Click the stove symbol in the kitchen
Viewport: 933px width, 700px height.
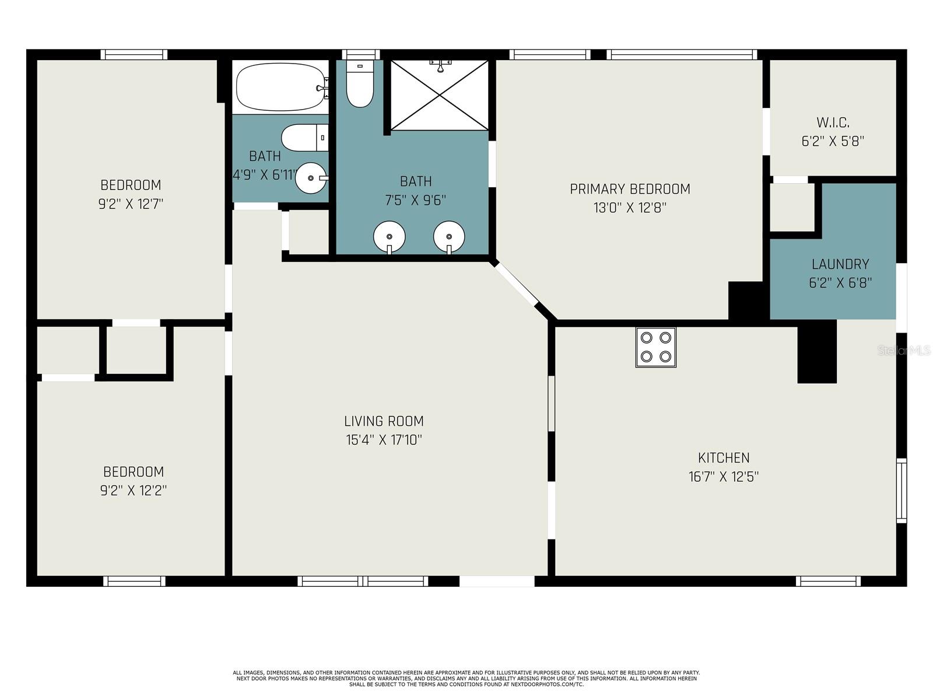(655, 347)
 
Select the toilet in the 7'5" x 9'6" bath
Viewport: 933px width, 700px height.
(360, 83)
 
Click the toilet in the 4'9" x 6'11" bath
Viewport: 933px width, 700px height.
(304, 137)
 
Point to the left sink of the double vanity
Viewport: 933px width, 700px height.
(389, 237)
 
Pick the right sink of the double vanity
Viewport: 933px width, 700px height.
(449, 237)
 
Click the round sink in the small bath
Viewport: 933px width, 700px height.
(311, 178)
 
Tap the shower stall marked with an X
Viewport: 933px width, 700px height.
(439, 95)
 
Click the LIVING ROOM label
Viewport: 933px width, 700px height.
(384, 421)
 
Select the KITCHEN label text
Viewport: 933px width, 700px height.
(724, 458)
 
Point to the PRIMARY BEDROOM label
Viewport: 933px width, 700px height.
(630, 188)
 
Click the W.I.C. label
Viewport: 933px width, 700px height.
(833, 123)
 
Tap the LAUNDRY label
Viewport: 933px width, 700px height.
(840, 264)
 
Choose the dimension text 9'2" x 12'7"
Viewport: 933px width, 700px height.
(131, 204)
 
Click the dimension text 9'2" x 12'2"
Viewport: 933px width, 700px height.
(133, 491)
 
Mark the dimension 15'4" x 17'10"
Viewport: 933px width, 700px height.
(384, 440)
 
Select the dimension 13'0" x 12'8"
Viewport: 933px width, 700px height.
(630, 208)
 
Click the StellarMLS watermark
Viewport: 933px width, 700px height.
(904, 351)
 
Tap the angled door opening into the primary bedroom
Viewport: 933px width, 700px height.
(515, 283)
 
